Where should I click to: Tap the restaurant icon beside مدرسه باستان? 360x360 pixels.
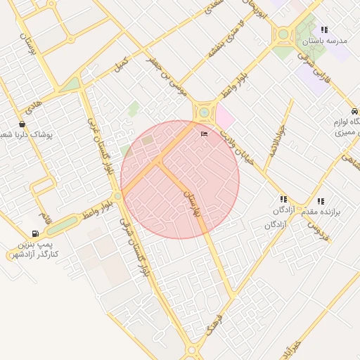pyautogui.click(x=324, y=30)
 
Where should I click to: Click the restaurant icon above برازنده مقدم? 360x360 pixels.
pyautogui.click(x=321, y=201)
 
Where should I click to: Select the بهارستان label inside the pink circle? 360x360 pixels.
pyautogui.click(x=192, y=201)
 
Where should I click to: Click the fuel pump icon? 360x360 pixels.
pyautogui.click(x=34, y=233)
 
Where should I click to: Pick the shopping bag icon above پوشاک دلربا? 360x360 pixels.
pyautogui.click(x=22, y=124)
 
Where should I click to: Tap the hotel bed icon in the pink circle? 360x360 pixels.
pyautogui.click(x=205, y=134)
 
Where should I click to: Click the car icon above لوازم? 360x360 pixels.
pyautogui.click(x=354, y=112)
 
